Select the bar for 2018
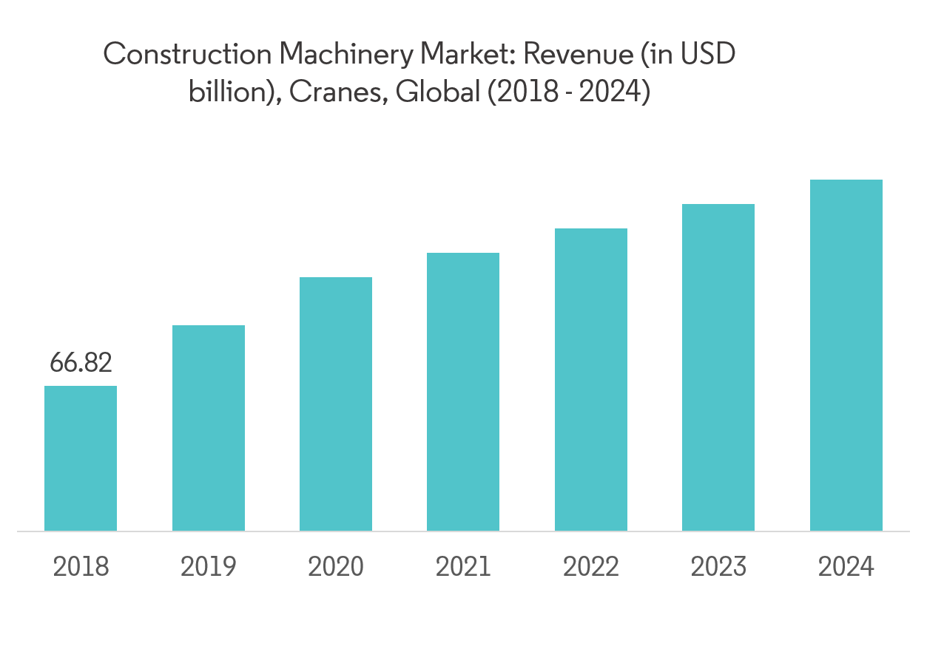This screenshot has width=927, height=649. click(x=81, y=458)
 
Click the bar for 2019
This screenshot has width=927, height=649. click(x=209, y=428)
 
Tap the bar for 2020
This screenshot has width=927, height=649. click(x=336, y=404)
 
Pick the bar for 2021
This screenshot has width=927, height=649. click(x=463, y=392)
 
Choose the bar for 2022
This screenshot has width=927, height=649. click(x=591, y=380)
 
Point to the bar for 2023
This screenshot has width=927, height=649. click(x=718, y=367)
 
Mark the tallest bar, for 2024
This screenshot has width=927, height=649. click(x=846, y=356)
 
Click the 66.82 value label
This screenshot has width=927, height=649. click(x=81, y=363)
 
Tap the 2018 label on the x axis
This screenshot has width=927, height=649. click(x=81, y=567)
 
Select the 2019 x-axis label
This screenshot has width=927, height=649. click(x=209, y=567)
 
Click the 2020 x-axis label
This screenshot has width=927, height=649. click(x=336, y=567)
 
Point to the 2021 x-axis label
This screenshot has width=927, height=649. click(x=463, y=567)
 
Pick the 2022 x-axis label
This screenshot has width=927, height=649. click(x=591, y=567)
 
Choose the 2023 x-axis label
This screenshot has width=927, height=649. click(x=718, y=567)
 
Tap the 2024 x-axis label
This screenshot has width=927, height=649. click(x=846, y=567)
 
